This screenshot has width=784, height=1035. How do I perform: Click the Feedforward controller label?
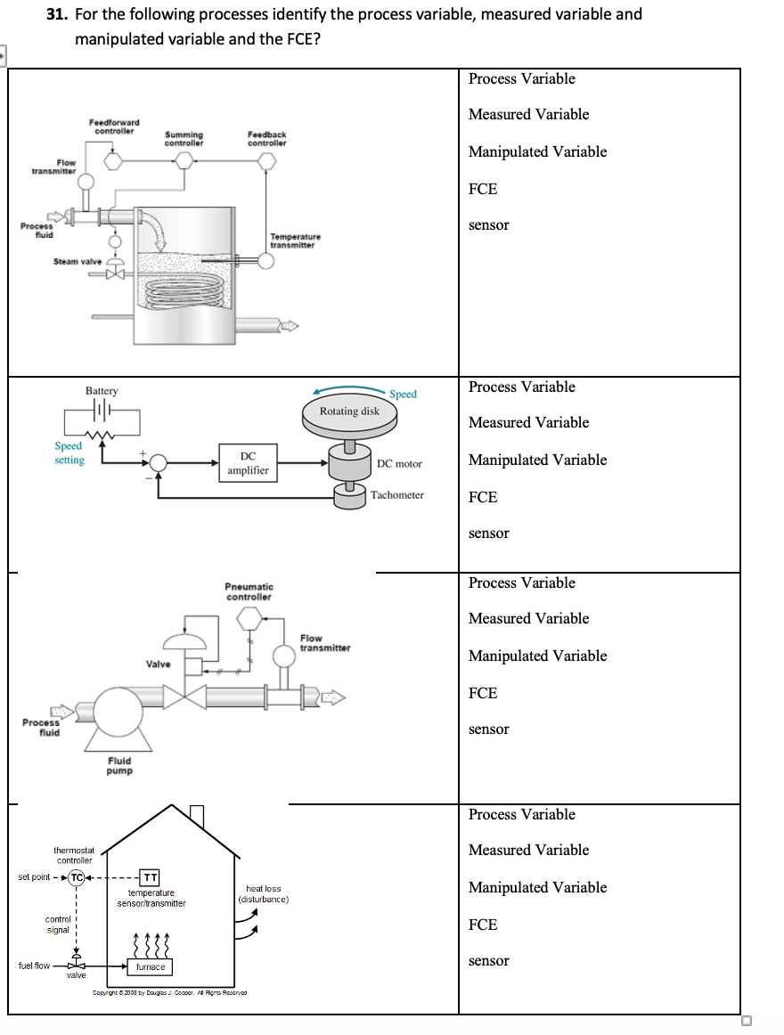coord(114,126)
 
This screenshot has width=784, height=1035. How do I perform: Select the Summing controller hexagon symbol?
coord(184,160)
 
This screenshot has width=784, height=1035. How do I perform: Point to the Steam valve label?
coord(78,261)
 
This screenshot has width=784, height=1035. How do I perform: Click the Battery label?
coord(102,391)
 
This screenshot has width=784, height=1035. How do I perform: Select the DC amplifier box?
coord(248,463)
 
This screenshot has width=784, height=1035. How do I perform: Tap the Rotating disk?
coord(349,412)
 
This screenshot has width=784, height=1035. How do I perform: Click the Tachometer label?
coord(397,495)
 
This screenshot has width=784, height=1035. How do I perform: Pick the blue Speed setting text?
coord(69,452)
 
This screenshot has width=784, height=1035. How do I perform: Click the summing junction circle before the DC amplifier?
coord(159,462)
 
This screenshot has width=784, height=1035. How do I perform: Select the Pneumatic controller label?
coord(249,591)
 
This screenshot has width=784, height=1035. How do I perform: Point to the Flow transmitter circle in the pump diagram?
coord(283,656)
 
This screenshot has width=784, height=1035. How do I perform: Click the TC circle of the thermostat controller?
coord(78,877)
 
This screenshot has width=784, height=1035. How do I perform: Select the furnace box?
coord(150,966)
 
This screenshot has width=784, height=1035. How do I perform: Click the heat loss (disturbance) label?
coord(263,893)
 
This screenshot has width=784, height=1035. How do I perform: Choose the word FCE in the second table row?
coord(483,497)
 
